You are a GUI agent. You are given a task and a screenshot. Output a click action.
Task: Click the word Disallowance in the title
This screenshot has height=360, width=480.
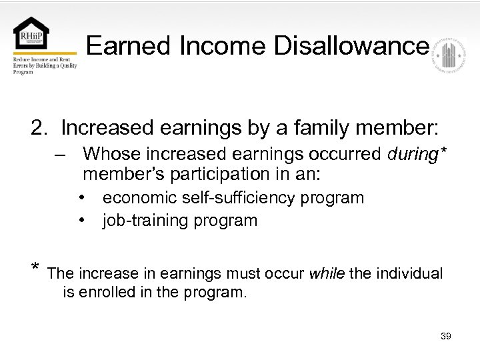pyautogui.click(x=350, y=46)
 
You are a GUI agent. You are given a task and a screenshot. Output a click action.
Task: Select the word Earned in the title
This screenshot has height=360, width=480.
pyautogui.click(x=119, y=46)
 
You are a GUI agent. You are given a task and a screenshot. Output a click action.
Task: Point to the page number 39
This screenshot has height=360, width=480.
pyautogui.click(x=446, y=336)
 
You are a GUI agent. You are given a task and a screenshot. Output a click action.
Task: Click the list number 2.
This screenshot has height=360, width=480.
pyautogui.click(x=37, y=128)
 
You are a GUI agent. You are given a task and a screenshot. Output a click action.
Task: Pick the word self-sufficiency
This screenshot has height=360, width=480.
pyautogui.click(x=198, y=198)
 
